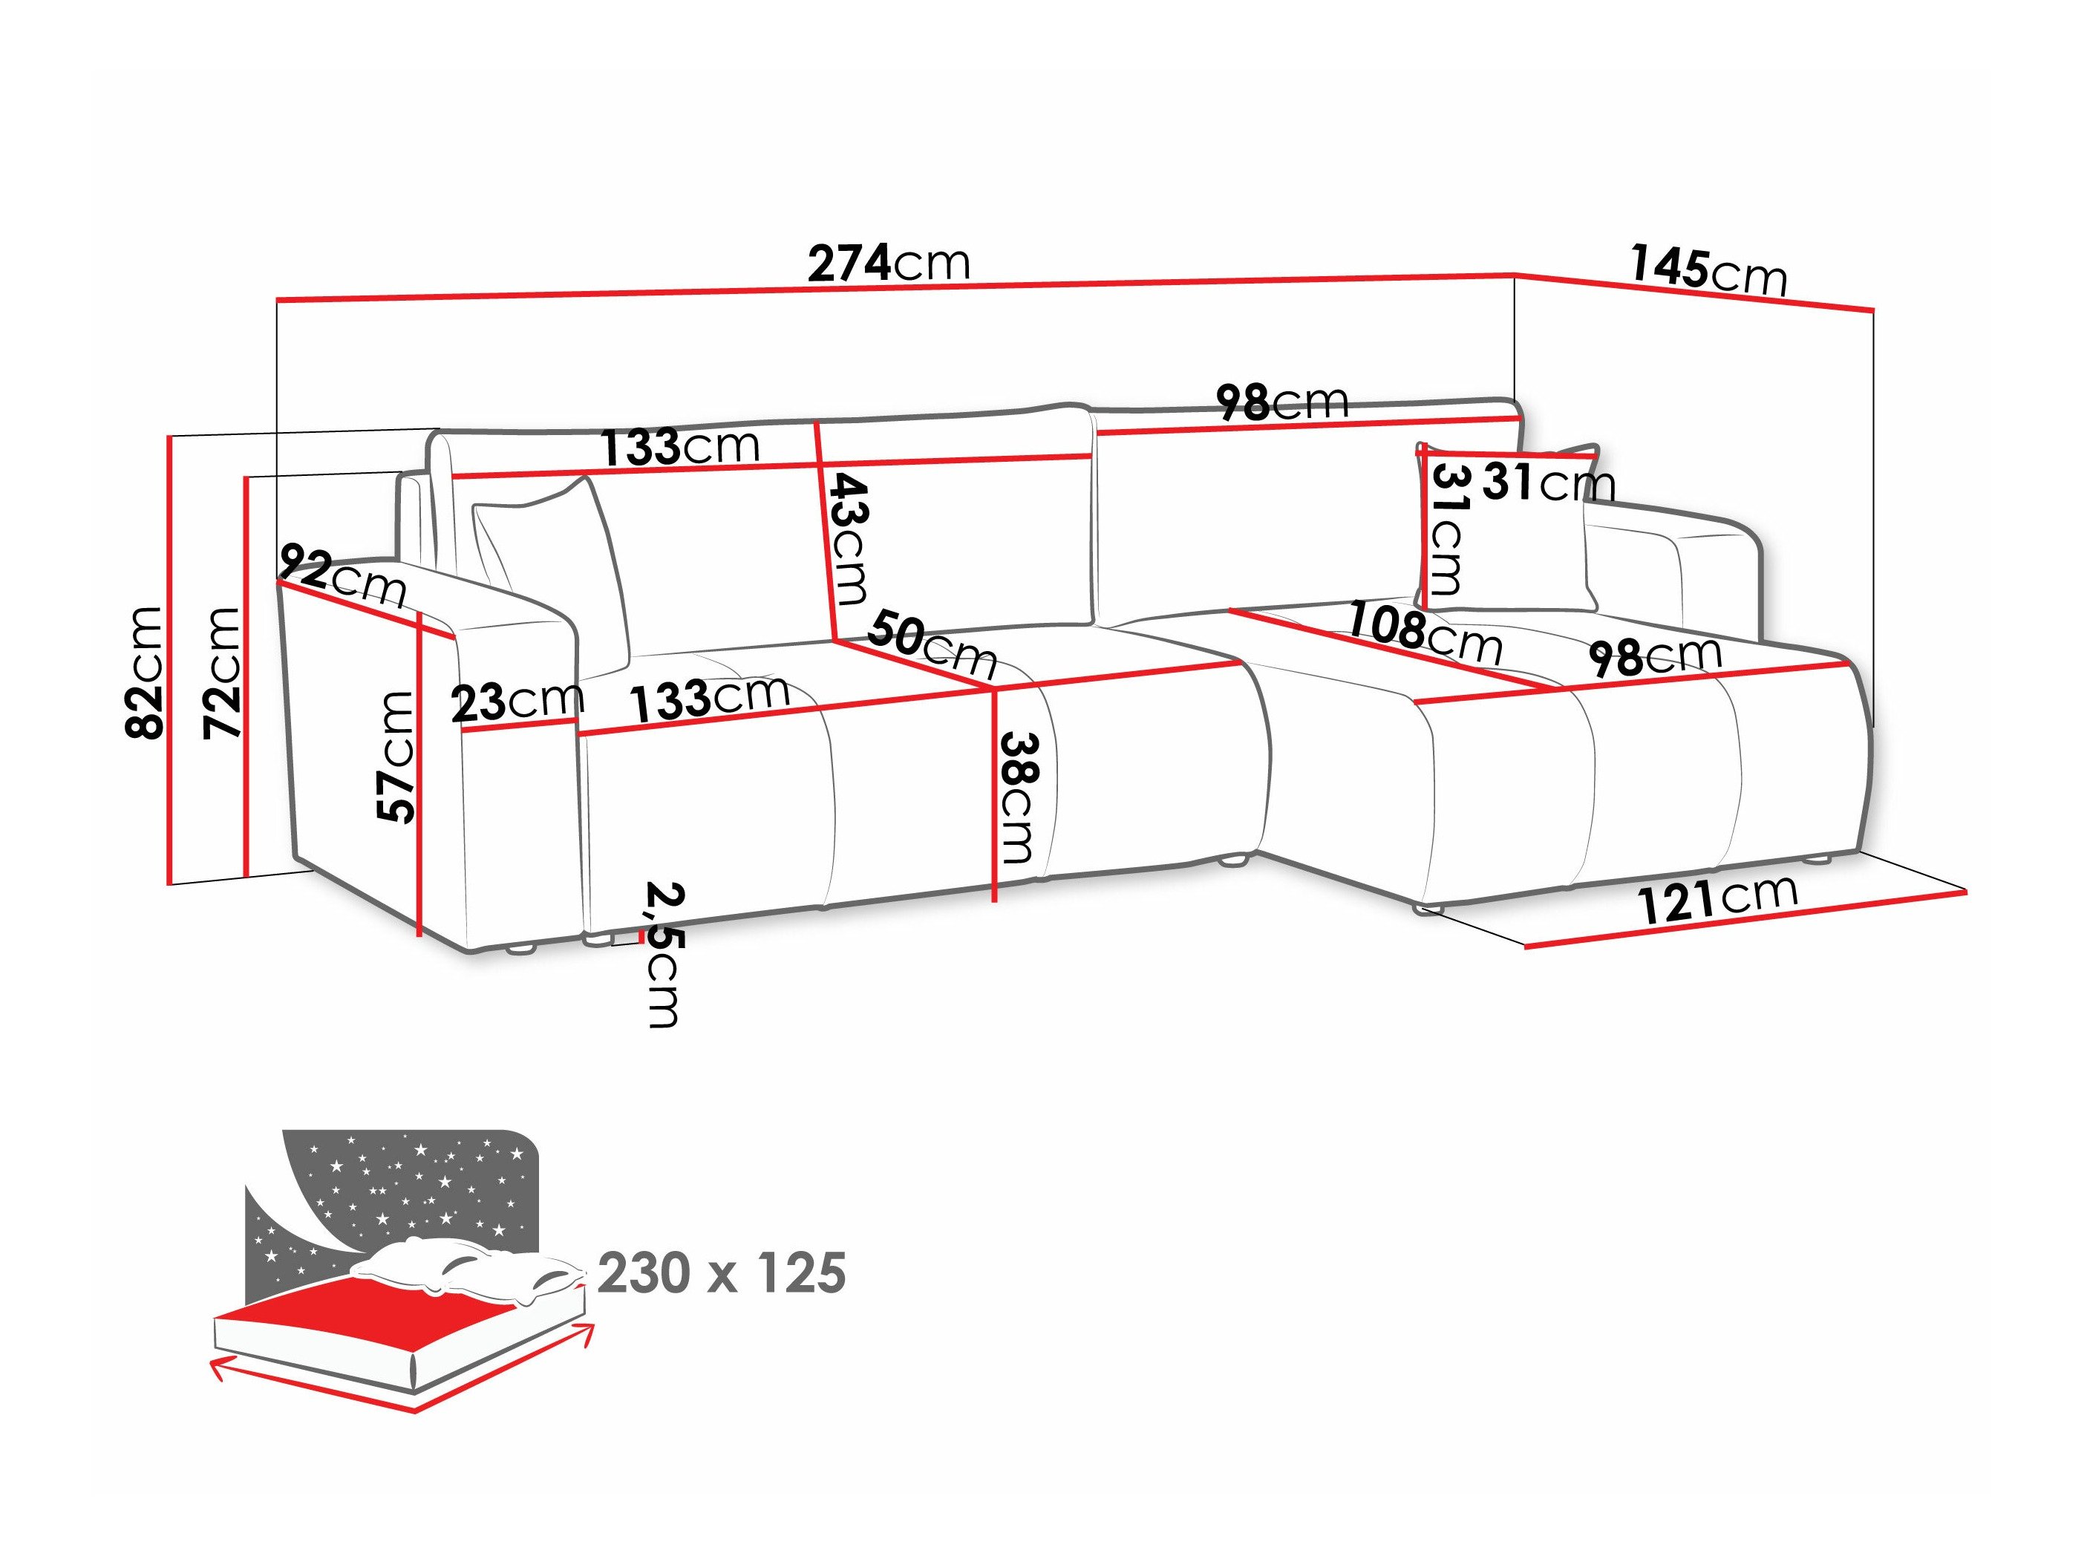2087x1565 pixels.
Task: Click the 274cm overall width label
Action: coord(888,264)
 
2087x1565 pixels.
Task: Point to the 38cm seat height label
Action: coord(1018,797)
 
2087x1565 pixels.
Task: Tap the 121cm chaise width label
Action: coord(1717,898)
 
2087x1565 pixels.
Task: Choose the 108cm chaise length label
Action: coord(1423,631)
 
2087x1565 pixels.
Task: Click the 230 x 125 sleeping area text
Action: coord(722,1273)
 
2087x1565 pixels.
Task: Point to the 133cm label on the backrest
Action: coord(680,446)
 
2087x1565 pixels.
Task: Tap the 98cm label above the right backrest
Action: coord(1281,403)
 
